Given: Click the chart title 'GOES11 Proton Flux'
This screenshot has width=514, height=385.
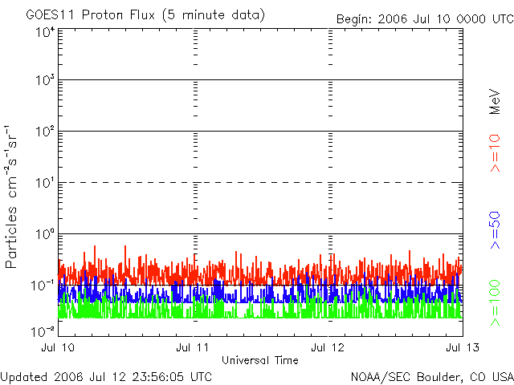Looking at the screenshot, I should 145,15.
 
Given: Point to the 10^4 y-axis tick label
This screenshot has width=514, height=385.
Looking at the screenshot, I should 45,32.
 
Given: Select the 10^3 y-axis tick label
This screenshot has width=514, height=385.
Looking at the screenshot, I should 45,82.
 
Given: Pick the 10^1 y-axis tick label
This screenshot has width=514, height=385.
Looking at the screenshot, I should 45,184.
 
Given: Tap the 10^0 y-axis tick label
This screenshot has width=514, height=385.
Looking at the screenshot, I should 45,235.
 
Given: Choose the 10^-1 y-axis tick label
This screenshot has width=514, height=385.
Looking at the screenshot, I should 43,286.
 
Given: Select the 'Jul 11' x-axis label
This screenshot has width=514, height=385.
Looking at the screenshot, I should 194,347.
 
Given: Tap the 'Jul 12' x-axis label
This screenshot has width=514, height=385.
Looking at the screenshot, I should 328,347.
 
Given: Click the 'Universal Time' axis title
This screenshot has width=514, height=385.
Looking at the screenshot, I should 260,360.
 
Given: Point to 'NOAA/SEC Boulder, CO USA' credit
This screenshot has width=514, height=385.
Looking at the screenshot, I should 431,376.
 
